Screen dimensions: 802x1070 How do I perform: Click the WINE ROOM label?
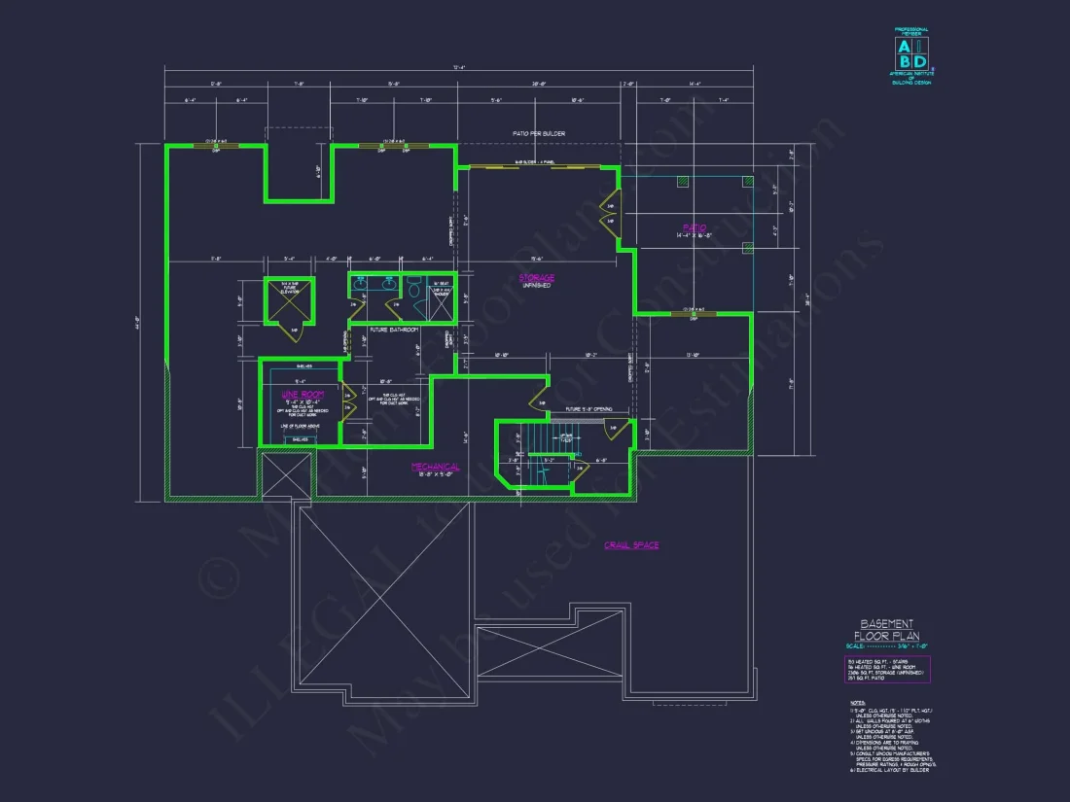tap(303, 395)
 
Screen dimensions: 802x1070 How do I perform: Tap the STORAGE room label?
tap(536, 278)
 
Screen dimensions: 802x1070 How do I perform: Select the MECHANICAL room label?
tap(434, 468)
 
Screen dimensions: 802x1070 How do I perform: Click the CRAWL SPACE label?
tap(631, 545)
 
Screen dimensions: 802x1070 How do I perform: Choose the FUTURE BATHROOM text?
tap(394, 330)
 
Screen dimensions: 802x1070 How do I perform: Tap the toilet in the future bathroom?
tap(413, 289)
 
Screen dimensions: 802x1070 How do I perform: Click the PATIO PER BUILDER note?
tap(539, 133)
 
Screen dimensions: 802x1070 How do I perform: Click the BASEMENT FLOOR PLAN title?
tap(885, 629)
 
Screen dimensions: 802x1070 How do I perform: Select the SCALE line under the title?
tap(885, 646)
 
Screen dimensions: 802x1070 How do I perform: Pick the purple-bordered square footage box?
tap(886, 669)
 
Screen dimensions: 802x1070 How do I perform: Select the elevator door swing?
tap(296, 331)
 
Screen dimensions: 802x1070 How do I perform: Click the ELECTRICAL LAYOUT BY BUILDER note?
tap(889, 770)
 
